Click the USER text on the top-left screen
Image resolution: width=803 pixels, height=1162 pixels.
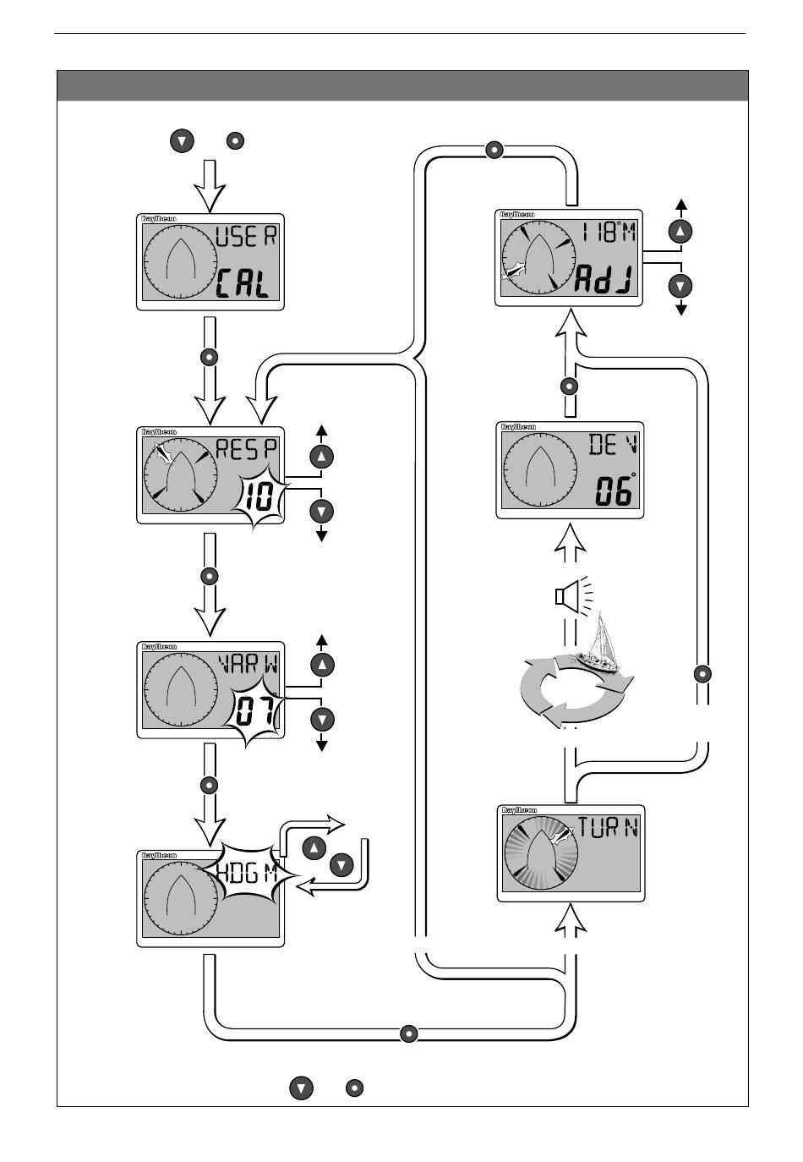[x=246, y=237]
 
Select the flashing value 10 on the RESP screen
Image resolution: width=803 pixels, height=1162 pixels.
[x=259, y=499]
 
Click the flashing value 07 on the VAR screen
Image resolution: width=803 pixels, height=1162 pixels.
[x=254, y=713]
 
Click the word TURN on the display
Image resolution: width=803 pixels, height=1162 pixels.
[x=608, y=827]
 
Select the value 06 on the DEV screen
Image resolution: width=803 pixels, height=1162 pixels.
[x=613, y=491]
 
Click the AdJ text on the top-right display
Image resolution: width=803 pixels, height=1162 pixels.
[x=604, y=278]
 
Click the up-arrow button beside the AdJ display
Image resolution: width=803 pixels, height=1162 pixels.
[x=680, y=231]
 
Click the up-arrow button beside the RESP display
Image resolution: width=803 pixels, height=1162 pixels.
[x=321, y=457]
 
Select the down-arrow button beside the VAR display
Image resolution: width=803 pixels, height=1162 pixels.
[x=321, y=720]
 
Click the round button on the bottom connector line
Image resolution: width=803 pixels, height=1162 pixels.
[x=408, y=1033]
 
